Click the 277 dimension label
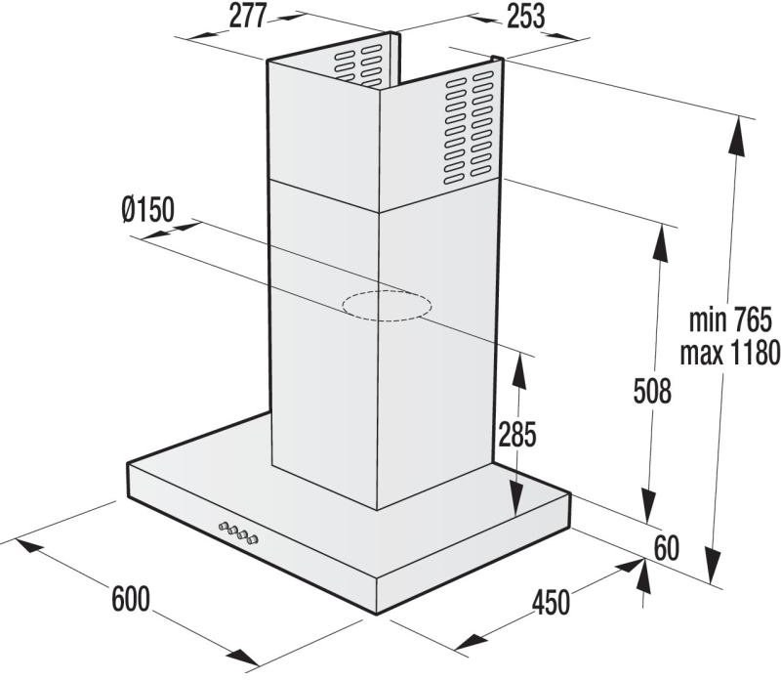(x=248, y=16)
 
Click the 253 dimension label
(x=526, y=16)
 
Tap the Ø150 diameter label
(x=148, y=209)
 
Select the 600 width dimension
(x=131, y=599)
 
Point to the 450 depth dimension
(x=551, y=602)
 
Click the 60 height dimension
(x=667, y=548)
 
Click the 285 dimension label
(x=517, y=434)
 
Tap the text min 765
(x=730, y=319)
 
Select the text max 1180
(x=730, y=353)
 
